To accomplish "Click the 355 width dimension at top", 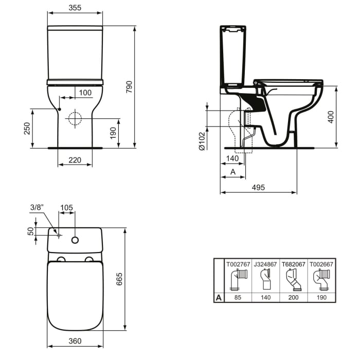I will tap(75, 8).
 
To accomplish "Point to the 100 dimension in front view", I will tap(85, 92).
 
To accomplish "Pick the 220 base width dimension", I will tap(75, 160).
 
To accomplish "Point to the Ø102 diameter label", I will tap(202, 139).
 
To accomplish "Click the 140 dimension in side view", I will tap(232, 159).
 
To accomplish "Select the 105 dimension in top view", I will tap(66, 208).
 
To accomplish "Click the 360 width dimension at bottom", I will tap(75, 341).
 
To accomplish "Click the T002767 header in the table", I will tap(238, 264).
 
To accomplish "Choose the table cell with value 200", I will tap(292, 297).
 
